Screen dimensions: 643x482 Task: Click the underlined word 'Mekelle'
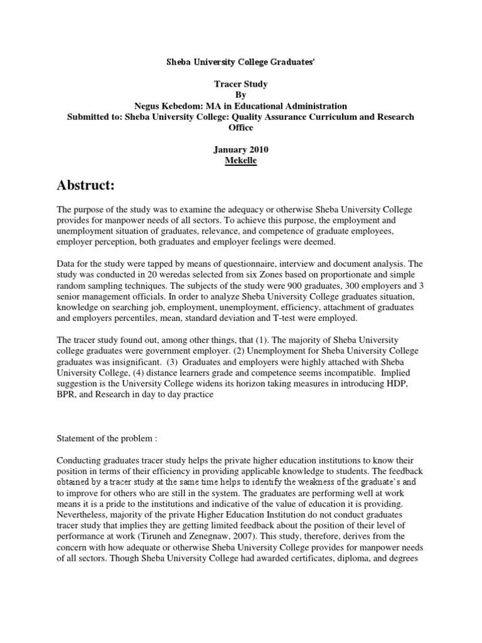click(240, 160)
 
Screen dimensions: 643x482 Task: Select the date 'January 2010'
click(241, 149)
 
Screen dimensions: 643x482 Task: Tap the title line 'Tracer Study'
click(241, 85)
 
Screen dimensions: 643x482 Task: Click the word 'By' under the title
click(241, 95)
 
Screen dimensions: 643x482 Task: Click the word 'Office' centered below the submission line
click(241, 127)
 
